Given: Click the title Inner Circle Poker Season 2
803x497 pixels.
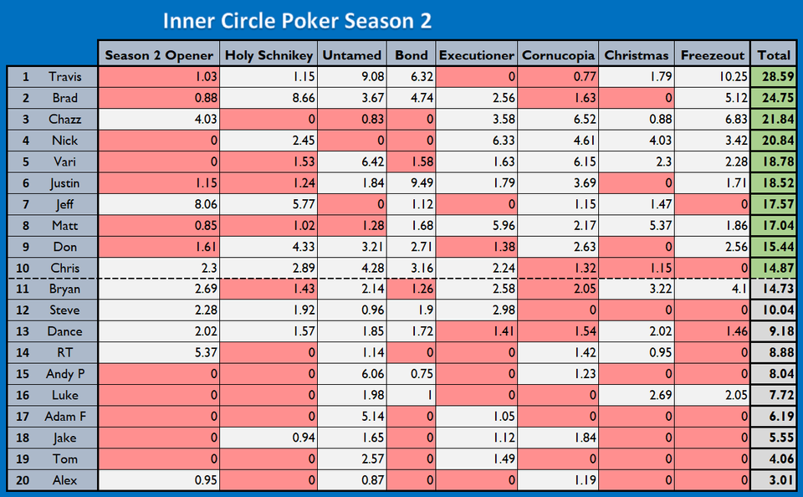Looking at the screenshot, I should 297,20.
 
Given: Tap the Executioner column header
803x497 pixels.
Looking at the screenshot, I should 476,55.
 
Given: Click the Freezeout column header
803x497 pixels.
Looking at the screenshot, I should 712,55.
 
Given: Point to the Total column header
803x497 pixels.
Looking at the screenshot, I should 773,55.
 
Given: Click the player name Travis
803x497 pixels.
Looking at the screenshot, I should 65,77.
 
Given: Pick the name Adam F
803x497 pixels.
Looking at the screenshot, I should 64,416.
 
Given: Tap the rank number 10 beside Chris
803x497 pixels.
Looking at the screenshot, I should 25,268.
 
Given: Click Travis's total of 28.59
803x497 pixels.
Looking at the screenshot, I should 774,77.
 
